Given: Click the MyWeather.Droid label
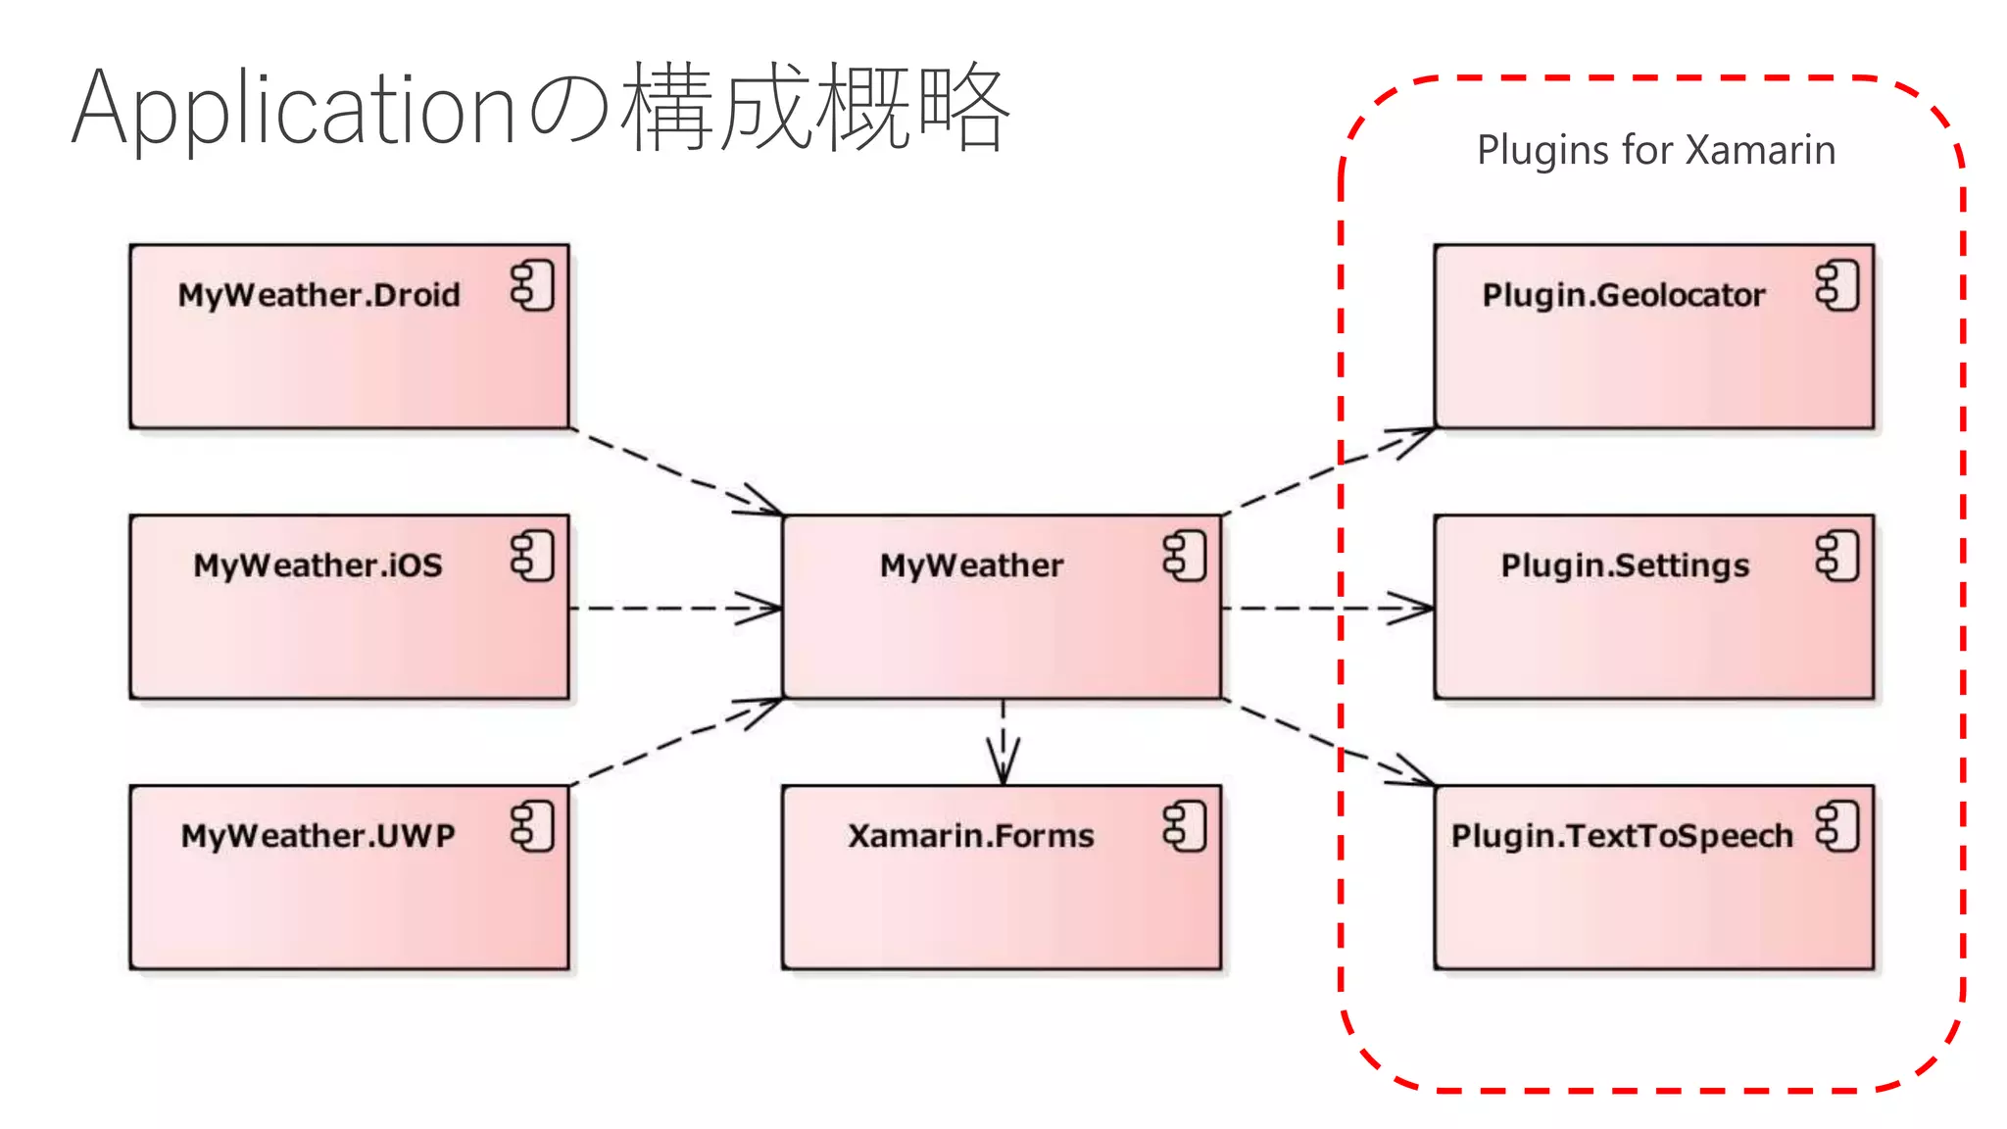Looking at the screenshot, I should tap(318, 295).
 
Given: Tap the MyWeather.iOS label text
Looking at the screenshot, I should tap(318, 565).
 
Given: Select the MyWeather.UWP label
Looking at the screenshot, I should tap(318, 836).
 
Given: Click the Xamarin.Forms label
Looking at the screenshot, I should tap(970, 836).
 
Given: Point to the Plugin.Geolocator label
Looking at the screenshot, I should tap(1623, 295).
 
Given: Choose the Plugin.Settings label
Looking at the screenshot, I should tap(1625, 565).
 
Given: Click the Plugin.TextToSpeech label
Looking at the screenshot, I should tap(1622, 836).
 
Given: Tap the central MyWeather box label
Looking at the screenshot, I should tap(971, 565).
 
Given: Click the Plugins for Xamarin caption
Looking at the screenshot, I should tap(1656, 150).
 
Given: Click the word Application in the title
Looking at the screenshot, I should tap(294, 110).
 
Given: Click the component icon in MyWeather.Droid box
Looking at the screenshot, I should tap(532, 286).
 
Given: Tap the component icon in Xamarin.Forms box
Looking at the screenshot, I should tap(1184, 826).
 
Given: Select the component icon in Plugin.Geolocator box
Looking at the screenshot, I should tap(1836, 286).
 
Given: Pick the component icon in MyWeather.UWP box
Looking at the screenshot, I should tap(532, 826).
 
